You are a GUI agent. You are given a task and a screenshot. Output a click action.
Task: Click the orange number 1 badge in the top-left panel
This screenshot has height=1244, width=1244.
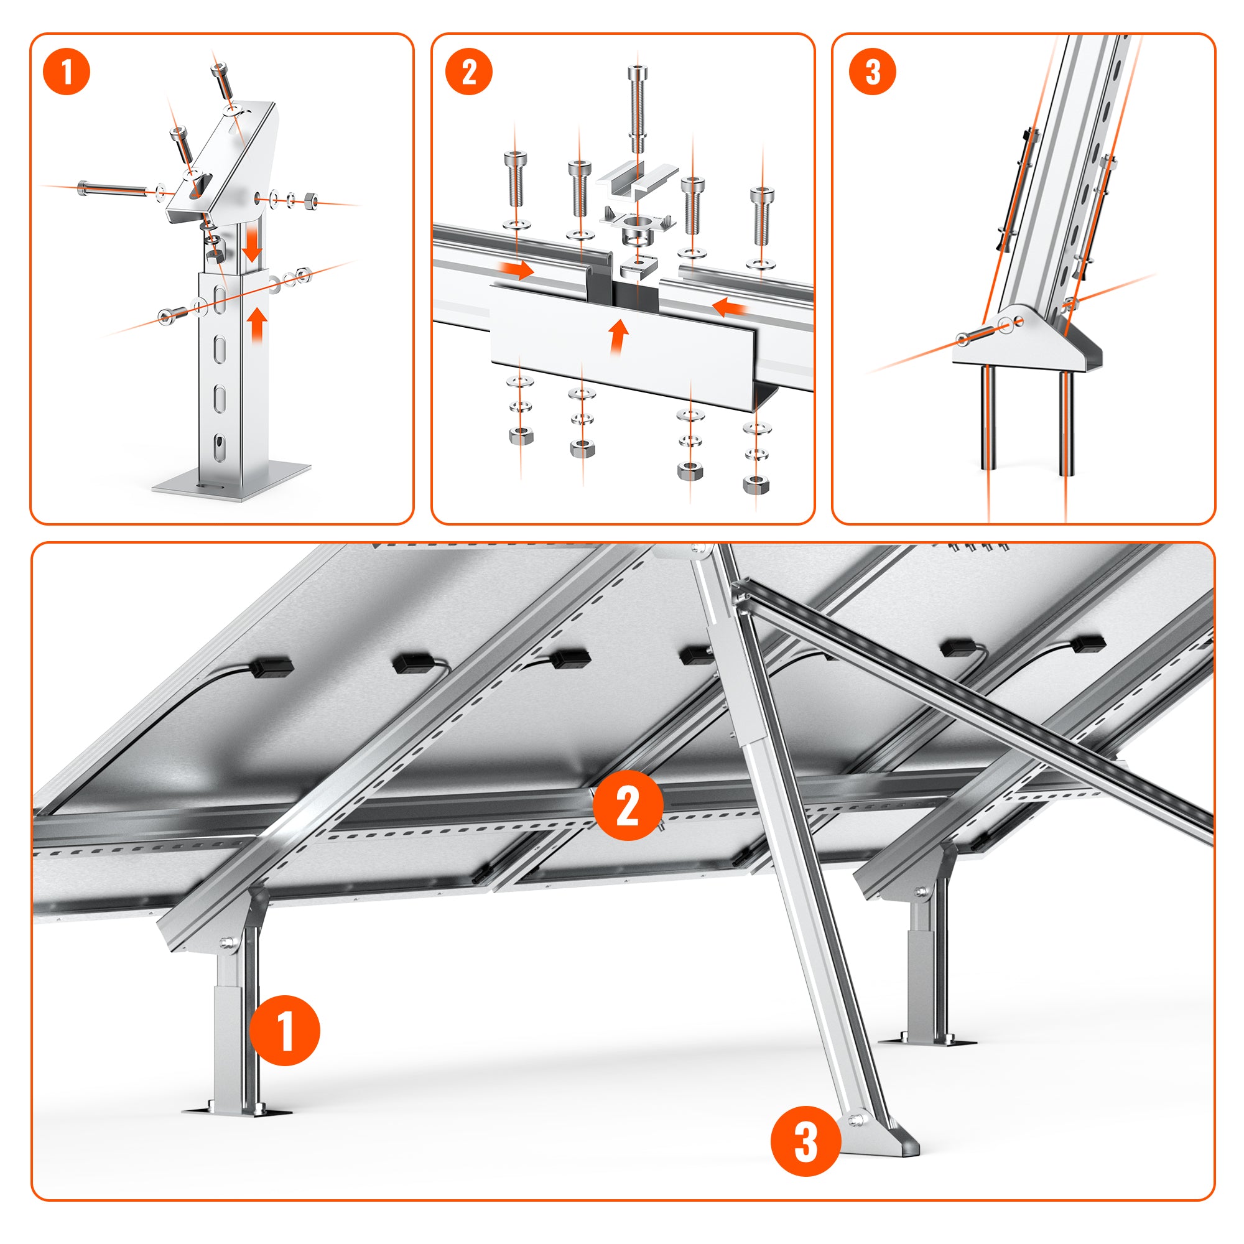pos(67,72)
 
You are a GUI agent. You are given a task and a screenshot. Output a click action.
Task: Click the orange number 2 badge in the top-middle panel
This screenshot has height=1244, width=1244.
pos(468,72)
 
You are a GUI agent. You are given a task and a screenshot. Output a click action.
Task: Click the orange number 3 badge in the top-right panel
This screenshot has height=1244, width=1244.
pos(873,72)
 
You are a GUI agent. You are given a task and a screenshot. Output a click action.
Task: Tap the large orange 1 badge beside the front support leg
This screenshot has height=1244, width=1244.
pos(284,1030)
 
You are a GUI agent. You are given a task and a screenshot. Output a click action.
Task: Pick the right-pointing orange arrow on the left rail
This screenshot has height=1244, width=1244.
pos(518,269)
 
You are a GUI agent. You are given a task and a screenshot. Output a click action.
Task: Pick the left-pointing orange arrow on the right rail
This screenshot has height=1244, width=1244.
pos(730,308)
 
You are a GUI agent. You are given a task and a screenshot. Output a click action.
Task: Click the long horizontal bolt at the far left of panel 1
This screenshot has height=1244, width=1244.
pos(113,188)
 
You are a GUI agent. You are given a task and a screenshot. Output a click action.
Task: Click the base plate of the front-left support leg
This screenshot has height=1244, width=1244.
pos(236,1111)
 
